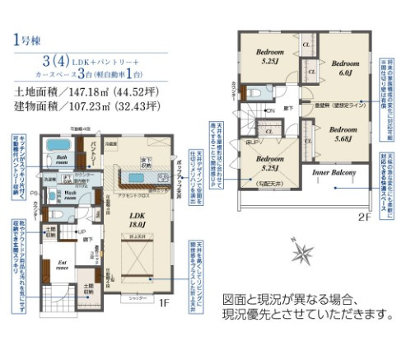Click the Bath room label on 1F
pos(60,157)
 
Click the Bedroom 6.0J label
pos(345,68)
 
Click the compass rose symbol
pos(304,250)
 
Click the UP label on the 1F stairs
pos(80,232)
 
